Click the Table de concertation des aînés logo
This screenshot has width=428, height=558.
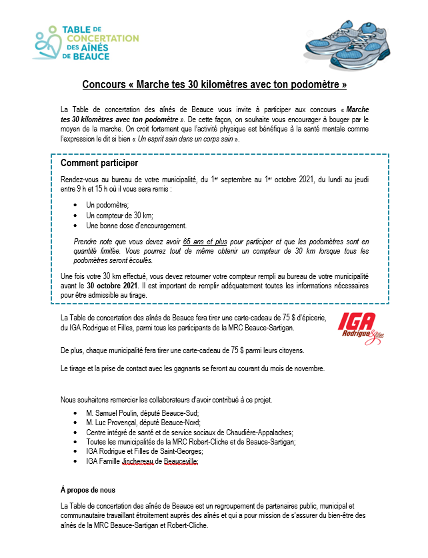[x=85, y=43]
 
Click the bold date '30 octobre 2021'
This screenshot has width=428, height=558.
[x=115, y=285]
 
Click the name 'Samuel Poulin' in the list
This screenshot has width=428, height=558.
[x=117, y=413]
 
